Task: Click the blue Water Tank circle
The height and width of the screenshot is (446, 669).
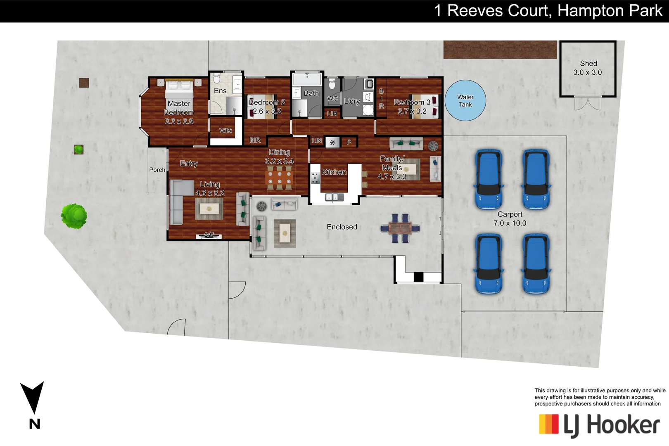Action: coord(465,100)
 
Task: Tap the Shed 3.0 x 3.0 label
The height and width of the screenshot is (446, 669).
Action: coord(588,68)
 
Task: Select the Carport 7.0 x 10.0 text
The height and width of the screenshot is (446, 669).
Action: coord(510,219)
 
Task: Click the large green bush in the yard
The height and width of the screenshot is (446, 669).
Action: coord(74,216)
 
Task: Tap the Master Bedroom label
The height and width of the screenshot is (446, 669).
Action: coord(179,108)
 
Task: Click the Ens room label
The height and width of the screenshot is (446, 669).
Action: coord(220,91)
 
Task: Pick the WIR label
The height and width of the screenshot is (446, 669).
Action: coord(225,130)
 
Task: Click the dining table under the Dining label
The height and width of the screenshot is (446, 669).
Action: coord(279,178)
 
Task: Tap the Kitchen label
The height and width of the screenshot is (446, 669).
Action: coord(334,172)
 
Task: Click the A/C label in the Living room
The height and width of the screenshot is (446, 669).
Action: coord(209,235)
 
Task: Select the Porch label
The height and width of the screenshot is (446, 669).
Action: coord(157,170)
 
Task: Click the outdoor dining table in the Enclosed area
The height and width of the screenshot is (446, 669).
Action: coord(400,228)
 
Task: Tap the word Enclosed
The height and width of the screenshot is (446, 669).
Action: coord(342,227)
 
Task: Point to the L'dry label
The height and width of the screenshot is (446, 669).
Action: coord(352,101)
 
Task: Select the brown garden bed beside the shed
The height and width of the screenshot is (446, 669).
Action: coord(500,50)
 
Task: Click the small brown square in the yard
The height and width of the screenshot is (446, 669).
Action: coord(84,83)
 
